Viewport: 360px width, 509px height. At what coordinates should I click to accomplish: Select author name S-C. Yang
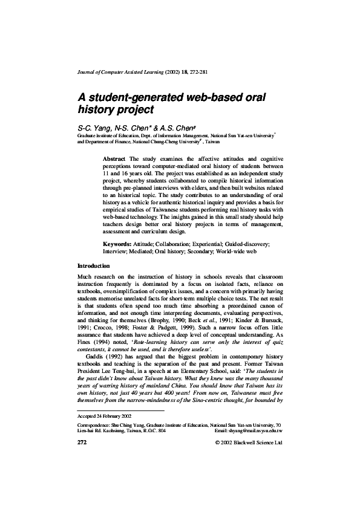[x=95, y=128]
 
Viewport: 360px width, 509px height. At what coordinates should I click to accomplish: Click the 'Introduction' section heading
[x=94, y=266]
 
